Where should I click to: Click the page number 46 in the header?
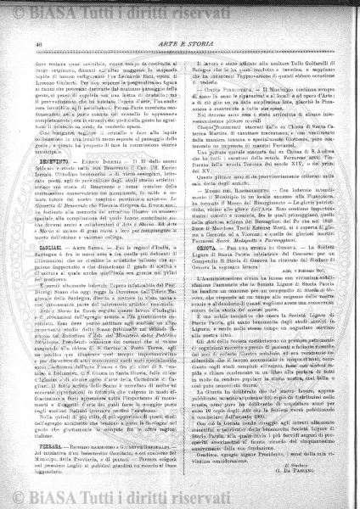coord(40,32)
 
